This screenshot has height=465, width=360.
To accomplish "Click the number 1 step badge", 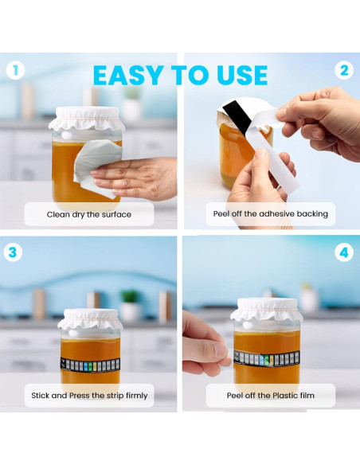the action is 15,71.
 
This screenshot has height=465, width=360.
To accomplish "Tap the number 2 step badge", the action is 344,71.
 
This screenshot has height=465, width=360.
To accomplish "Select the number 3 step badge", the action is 13,252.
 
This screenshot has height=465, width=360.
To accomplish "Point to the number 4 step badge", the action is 344,252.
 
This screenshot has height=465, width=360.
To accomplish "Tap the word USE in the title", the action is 242,76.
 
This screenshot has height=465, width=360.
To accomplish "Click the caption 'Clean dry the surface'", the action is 89,214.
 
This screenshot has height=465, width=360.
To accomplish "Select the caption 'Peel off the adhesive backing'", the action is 271,214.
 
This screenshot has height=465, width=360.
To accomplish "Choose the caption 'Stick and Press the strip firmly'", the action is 89,396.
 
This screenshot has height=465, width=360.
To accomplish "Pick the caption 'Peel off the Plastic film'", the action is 271,395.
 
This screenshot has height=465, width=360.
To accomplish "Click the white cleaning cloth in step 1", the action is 98,167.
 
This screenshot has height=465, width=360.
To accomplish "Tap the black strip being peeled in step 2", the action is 238,117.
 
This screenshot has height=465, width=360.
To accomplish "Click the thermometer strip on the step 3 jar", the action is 90,365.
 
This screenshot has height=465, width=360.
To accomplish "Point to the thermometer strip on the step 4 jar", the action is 267,358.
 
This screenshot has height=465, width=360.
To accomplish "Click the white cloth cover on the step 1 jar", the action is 87,119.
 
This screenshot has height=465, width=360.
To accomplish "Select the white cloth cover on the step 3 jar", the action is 90,320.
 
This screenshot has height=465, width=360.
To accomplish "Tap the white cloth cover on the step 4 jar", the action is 267,311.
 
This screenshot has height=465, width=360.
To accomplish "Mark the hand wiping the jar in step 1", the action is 135,178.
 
